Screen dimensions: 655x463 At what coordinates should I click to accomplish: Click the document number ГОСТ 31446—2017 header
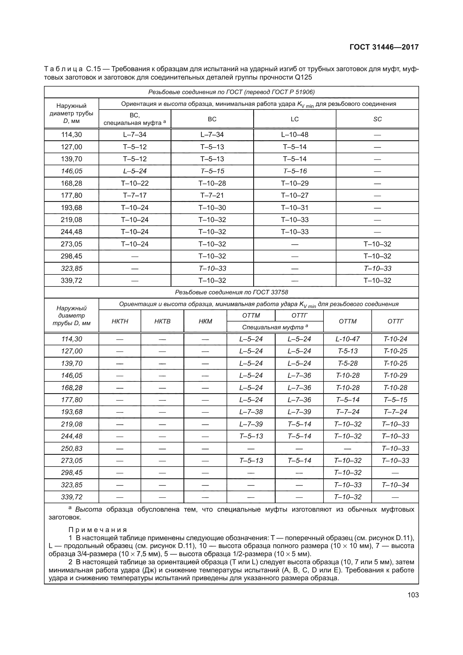click(x=384, y=47)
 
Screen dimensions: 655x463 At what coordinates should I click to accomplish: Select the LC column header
click(x=294, y=119)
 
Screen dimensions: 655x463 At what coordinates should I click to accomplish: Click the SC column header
click(x=377, y=119)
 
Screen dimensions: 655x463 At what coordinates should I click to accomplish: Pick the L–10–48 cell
click(x=294, y=135)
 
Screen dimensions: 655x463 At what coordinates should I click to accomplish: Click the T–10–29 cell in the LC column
click(x=294, y=183)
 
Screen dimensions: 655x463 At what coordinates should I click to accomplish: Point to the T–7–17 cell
click(x=135, y=195)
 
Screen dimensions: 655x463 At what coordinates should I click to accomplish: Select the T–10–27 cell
click(x=294, y=195)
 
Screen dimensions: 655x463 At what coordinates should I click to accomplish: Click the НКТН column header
click(x=120, y=321)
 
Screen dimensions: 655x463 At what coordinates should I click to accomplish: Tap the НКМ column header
click(x=205, y=321)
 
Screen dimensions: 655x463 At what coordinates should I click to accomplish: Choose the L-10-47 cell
click(x=348, y=339)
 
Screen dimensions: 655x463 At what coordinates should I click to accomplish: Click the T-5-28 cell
click(x=348, y=363)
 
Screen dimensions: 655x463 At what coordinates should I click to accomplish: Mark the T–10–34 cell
click(x=395, y=485)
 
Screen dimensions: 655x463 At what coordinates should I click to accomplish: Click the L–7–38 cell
click(x=251, y=412)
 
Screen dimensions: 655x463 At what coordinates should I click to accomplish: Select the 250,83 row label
click(x=71, y=448)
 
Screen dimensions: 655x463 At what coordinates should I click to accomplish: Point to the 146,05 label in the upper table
click(x=71, y=171)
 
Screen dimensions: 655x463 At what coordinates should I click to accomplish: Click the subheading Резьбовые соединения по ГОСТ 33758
click(x=231, y=292)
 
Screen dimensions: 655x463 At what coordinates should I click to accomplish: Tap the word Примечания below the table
click(x=97, y=530)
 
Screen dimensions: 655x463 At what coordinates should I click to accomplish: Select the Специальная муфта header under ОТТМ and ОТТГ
click(x=275, y=327)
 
